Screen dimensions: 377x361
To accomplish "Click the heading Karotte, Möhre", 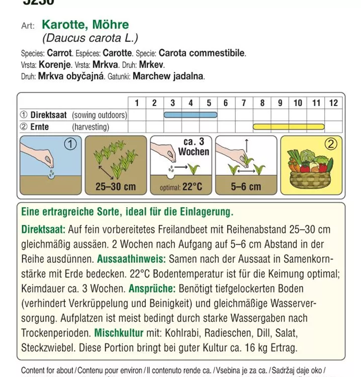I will click(85, 25).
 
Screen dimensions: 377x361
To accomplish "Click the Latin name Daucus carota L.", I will click(90, 38).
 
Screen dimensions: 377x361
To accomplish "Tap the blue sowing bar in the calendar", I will click(191, 115).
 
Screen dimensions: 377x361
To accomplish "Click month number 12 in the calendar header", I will click(333, 103).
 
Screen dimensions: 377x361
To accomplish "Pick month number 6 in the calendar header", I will click(226, 103).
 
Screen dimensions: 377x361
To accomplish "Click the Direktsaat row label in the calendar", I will click(48, 115).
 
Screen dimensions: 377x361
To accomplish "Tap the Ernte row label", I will click(40, 127).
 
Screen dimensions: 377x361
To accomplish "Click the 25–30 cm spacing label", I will click(116, 187).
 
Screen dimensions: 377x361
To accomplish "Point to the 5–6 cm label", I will click(246, 187).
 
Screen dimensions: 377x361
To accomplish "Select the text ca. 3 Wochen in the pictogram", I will click(193, 147).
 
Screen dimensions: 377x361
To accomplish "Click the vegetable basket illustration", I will click(309, 173).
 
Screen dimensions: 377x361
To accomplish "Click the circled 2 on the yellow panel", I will click(330, 144).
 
